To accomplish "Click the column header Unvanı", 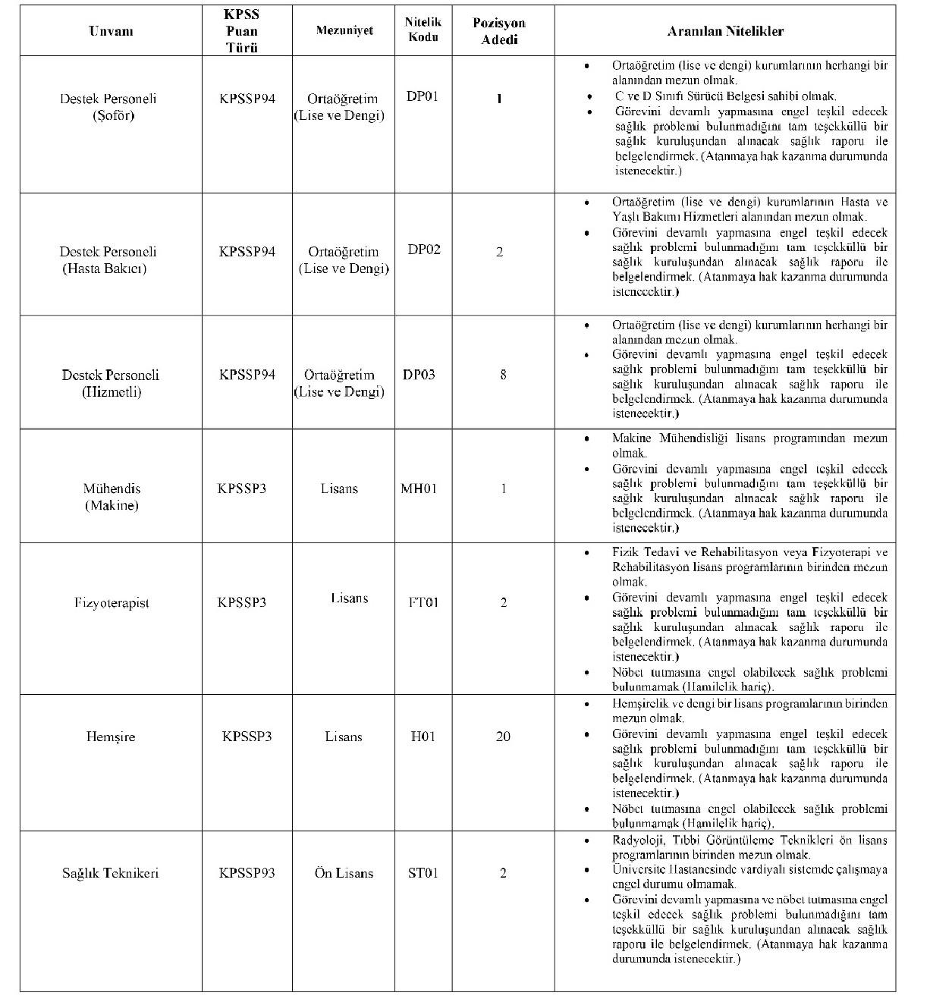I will point(111,31).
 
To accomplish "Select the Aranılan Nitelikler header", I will point(724,31).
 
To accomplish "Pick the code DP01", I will point(423,96).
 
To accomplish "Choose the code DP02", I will point(423,250).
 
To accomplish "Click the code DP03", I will point(419,375).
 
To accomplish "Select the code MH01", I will point(419,488).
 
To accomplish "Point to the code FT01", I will point(423,603).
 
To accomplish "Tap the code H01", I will point(423,737).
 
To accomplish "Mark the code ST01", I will point(423,873).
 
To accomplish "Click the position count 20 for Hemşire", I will point(503,737).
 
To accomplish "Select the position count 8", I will point(503,375).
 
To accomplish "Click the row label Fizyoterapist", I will point(112,603).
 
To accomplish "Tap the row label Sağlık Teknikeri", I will point(111,873).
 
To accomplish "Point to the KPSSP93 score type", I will point(247,873).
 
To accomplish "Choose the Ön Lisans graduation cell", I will point(344,873).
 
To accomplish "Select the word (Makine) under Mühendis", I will point(112,505).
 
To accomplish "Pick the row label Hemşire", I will point(111,737).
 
